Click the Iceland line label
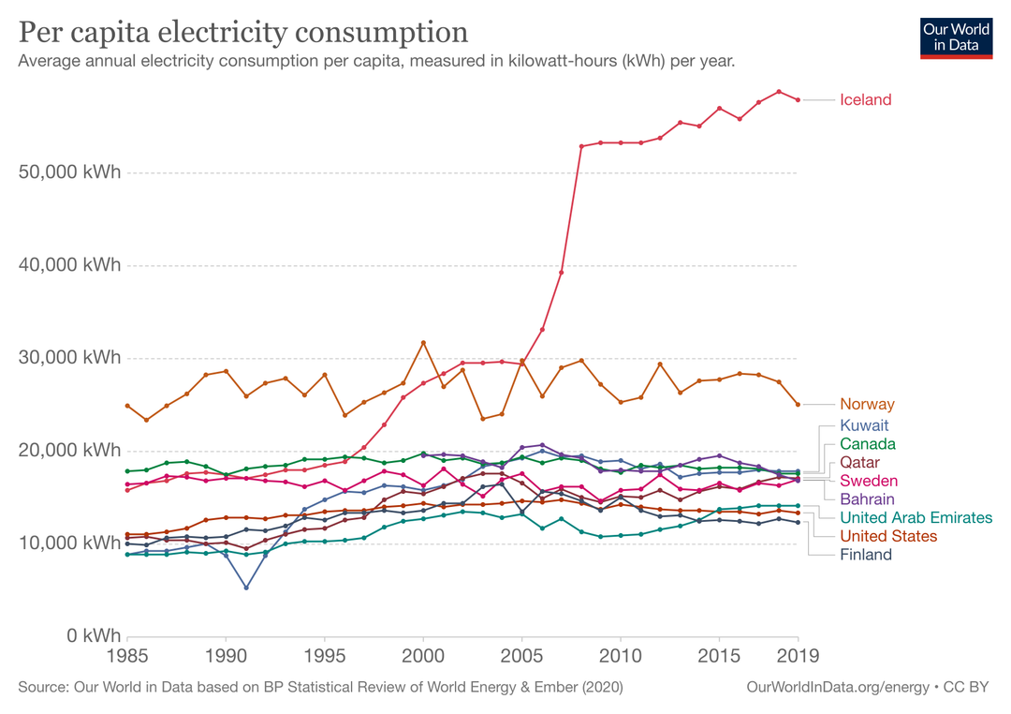pos(865,100)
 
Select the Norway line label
pos(867,405)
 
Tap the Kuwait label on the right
pos(864,425)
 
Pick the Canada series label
pos(867,444)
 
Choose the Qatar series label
pos(859,463)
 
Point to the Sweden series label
pos(868,481)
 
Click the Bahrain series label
pos(867,499)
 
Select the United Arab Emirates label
pos(916,517)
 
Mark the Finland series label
pos(866,555)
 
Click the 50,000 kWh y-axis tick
pos(70,173)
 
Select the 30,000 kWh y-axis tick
pos(70,358)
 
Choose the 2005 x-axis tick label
pos(521,655)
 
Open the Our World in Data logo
pos(956,37)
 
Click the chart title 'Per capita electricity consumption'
pos(243,32)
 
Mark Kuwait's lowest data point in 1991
pos(245,588)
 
